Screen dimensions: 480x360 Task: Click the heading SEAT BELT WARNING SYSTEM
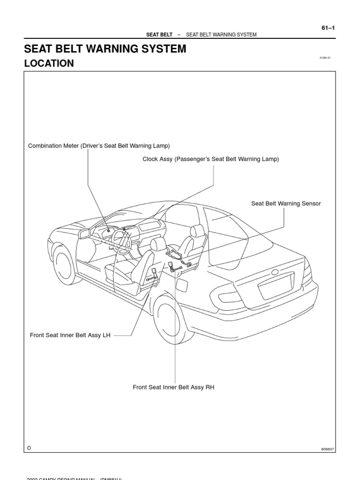coord(105,49)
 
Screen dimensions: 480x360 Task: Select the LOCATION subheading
coord(49,64)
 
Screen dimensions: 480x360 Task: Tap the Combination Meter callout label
coord(99,146)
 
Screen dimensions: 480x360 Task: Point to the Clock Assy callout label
coord(210,159)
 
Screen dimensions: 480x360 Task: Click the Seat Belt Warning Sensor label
coord(286,203)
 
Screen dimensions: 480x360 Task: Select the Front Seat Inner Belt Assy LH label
coord(70,336)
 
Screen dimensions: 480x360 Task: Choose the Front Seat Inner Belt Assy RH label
coord(173,387)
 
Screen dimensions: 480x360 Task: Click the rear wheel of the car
coord(172,318)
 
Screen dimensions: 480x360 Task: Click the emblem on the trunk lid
coord(274,271)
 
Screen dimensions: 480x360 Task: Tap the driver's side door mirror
coord(84,233)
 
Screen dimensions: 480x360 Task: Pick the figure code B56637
coord(328,449)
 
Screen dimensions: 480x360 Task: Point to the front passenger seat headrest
coord(197,230)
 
